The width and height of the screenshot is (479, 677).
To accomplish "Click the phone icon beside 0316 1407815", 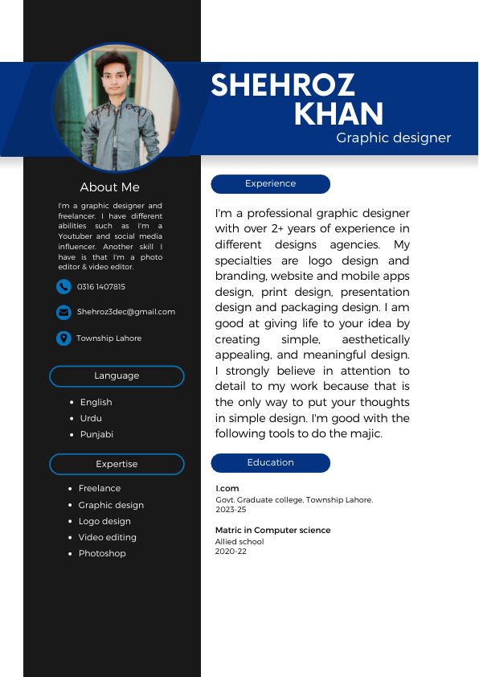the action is point(63,286).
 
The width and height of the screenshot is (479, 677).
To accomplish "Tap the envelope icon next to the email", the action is point(63,312).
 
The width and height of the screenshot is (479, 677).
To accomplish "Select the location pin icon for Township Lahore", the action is point(63,338).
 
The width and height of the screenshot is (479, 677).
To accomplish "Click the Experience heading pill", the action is point(270,184).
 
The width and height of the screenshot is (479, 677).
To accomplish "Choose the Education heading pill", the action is point(270,463).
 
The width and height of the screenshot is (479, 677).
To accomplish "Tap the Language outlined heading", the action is point(117,376).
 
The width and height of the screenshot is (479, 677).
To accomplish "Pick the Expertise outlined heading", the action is point(117,464).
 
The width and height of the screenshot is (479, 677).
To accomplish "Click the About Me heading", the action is point(109,187).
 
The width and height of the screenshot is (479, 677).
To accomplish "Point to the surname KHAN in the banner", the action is point(338,114).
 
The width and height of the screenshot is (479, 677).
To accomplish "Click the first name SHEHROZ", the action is point(283,85).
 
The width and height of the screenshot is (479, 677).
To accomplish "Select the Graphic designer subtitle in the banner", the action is point(393,138).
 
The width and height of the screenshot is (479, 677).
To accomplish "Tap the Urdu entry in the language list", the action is point(91,418).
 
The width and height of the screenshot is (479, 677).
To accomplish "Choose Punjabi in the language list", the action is point(96,434).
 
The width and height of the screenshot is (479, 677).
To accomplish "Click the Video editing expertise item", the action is point(107,537).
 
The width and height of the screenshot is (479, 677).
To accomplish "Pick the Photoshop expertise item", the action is point(102,553).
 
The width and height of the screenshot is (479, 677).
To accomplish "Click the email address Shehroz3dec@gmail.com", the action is point(125,312).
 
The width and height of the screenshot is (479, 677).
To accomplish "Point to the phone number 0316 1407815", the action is point(100,287).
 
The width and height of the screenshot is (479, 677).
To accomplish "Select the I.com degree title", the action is point(227,489).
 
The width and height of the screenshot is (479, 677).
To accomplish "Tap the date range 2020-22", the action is point(231,552).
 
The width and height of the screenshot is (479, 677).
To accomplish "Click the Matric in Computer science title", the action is point(272,531).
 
